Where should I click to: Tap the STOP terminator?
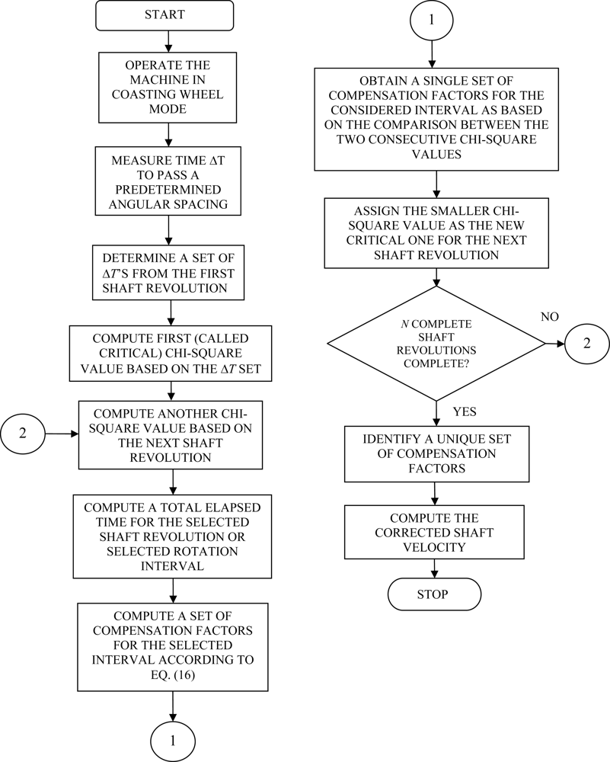coord(434,594)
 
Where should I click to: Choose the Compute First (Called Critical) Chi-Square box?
coord(170,354)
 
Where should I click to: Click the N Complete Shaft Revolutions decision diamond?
coord(436,344)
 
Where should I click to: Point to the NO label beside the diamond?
coord(549,315)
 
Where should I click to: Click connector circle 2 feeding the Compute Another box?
coord(23,434)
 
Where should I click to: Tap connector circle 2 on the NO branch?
coord(586,344)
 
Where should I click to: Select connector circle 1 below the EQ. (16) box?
coord(172,740)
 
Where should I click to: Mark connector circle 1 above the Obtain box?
coord(431,21)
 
